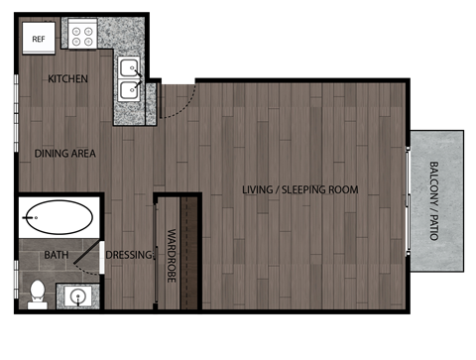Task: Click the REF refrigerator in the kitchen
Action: [x=40, y=39]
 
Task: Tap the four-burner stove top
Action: [x=82, y=37]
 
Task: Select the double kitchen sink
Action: [x=129, y=78]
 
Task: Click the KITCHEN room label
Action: [x=67, y=79]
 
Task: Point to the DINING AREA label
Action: [x=64, y=154]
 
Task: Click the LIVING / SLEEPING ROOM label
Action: [x=300, y=189]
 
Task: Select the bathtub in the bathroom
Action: [x=59, y=215]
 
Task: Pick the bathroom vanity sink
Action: [x=77, y=296]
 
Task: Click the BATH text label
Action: [x=56, y=256]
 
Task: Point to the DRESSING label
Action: [x=129, y=256]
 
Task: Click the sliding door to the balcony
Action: [x=408, y=198]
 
